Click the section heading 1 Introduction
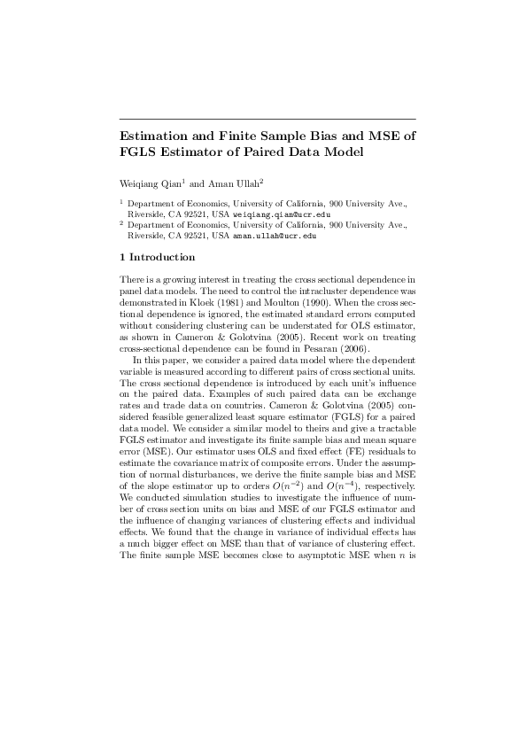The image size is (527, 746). point(157,257)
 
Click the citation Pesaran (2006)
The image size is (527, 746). point(305,350)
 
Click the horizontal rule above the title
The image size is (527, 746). point(267,119)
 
